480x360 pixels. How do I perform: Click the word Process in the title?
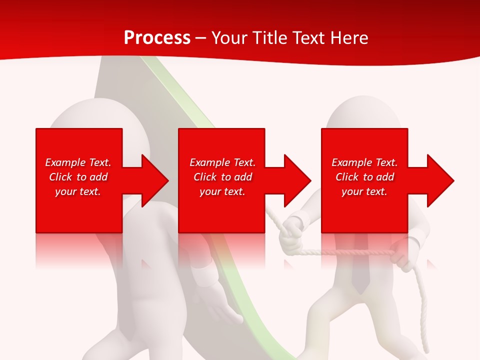tap(157, 38)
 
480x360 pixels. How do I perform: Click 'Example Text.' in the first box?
tap(78, 162)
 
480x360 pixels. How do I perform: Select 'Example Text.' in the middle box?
tap(222, 162)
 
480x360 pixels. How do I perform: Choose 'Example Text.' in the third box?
tap(364, 162)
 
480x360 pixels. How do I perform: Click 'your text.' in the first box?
tap(78, 191)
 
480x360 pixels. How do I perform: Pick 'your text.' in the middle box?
tap(222, 191)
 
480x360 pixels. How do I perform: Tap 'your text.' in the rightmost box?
tap(364, 191)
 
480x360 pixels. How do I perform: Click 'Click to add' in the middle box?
tap(222, 177)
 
